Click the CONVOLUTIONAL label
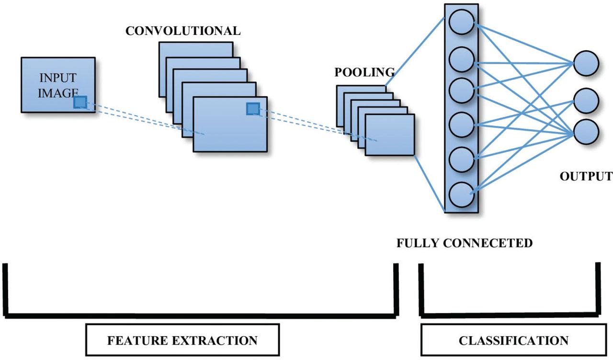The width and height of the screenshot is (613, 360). coord(183,31)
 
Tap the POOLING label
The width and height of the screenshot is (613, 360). coord(364,72)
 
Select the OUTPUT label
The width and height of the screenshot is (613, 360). coord(586,176)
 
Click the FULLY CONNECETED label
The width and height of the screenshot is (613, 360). coord(465,243)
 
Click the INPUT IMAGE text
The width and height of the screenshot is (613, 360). coord(57,85)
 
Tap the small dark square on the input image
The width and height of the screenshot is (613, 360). coord(80,102)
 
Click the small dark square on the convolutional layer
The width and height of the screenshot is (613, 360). coord(253,109)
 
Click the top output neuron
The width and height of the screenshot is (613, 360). coord(586,64)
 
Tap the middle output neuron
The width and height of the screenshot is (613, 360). coord(586,101)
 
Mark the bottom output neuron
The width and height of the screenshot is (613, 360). coord(586,132)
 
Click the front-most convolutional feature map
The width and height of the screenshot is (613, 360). coord(230,124)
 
